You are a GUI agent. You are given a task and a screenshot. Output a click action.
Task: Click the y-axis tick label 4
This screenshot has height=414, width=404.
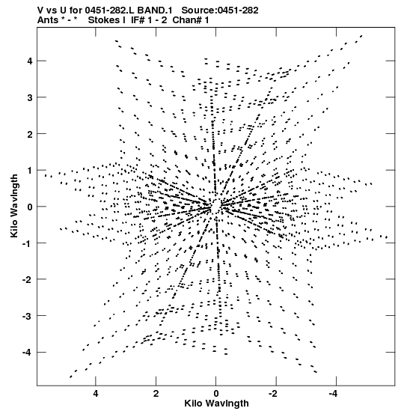tap(30, 61)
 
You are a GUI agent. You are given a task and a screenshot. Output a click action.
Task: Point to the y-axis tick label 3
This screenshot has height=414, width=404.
tap(30, 97)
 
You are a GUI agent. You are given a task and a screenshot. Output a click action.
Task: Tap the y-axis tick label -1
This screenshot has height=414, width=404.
tap(28, 243)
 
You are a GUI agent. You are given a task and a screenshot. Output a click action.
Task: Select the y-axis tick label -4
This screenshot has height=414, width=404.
tap(28, 353)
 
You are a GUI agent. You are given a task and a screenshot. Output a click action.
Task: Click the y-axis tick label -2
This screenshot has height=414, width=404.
tap(28, 280)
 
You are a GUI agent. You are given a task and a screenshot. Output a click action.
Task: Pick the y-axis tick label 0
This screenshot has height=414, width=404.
tap(30, 207)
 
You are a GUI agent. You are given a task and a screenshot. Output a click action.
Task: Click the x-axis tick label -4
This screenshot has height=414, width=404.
tap(334, 395)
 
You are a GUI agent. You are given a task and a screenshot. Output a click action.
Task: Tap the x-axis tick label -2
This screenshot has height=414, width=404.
tap(274, 395)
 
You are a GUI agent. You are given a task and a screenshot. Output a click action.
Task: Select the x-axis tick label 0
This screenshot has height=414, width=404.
tap(216, 395)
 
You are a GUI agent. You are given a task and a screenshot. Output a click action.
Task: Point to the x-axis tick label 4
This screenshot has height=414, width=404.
tap(96, 395)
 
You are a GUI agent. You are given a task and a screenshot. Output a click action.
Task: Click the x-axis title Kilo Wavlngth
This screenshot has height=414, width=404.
tap(216, 404)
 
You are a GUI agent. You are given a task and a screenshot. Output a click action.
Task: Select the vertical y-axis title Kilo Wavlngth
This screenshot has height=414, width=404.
tap(14, 206)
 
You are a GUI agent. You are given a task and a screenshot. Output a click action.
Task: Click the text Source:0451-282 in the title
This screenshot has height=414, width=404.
tap(220, 10)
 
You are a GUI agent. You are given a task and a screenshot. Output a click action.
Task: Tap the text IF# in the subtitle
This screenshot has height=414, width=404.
tap(138, 20)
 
